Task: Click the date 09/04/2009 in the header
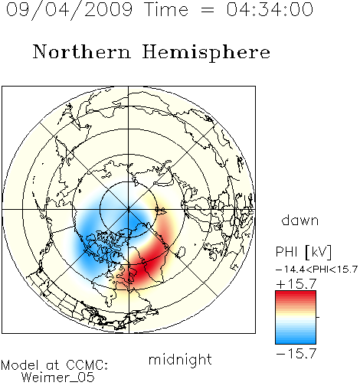[70, 10]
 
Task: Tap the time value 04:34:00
[270, 9]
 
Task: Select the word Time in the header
[166, 9]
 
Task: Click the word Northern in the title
[82, 51]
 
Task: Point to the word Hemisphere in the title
[206, 53]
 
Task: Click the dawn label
[300, 220]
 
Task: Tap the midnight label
[180, 359]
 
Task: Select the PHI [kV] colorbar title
[303, 252]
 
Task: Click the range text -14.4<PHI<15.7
[316, 270]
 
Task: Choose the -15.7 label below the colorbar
[296, 354]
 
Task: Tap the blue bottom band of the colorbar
[296, 339]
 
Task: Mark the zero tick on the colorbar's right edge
[318, 317]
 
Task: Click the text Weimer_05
[57, 378]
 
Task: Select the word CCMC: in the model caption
[87, 365]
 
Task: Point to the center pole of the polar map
[129, 210]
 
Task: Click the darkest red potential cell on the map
[143, 268]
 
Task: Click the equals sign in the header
[207, 10]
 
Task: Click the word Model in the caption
[20, 365]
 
